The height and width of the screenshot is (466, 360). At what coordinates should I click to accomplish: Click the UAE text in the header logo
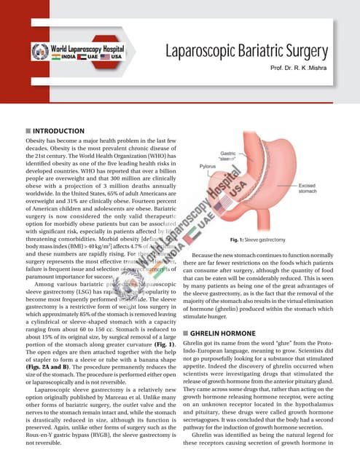[86, 57]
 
